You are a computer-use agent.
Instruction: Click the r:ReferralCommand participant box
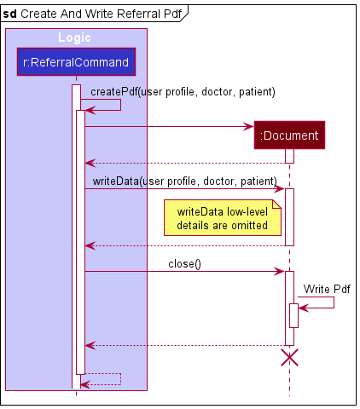coord(76,62)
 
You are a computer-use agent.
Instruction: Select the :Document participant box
coord(289,135)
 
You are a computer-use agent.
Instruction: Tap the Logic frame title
coord(75,37)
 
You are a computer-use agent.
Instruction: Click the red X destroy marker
coord(289,357)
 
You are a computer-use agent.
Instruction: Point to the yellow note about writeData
coord(222,219)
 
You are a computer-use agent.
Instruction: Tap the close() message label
coord(184,263)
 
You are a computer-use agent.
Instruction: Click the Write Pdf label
coord(327,290)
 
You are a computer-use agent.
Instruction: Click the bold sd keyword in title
coord(10,13)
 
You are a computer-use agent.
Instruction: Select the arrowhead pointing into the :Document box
coord(249,127)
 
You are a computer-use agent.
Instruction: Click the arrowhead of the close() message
coord(280,272)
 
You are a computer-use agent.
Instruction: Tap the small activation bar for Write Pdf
coord(293,315)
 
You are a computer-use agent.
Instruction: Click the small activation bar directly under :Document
coord(289,156)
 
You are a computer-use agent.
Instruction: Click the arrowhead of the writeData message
coord(280,189)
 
